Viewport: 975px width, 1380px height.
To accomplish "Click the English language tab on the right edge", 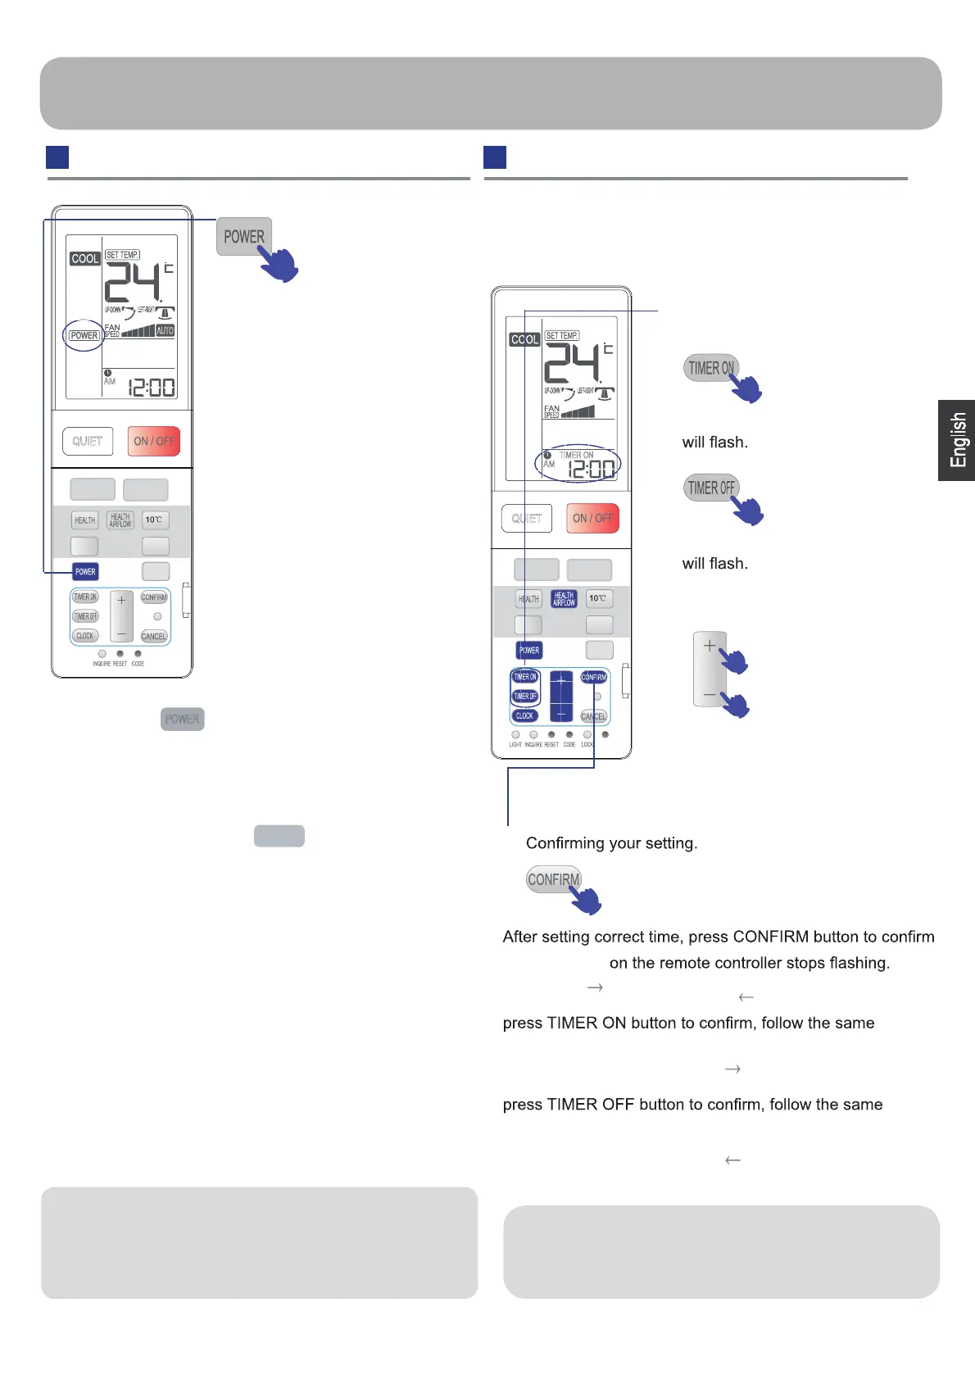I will pyautogui.click(x=957, y=440).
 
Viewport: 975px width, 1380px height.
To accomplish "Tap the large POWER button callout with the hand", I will pyautogui.click(x=244, y=237).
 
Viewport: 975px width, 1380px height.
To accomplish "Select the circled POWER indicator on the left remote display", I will pyautogui.click(x=84, y=335).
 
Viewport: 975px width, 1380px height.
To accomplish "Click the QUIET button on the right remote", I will pyautogui.click(x=527, y=518).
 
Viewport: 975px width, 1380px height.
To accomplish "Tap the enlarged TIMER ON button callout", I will pyautogui.click(x=710, y=368).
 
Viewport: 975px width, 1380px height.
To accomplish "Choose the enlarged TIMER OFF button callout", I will pyautogui.click(x=710, y=488).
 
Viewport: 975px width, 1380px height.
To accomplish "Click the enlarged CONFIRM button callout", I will pyautogui.click(x=554, y=879).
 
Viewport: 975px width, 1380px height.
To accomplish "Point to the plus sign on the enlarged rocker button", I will pyautogui.click(x=710, y=646).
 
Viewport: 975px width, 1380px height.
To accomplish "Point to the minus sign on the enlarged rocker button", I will pyautogui.click(x=710, y=694).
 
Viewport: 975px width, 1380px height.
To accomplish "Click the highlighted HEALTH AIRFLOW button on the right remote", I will pyautogui.click(x=564, y=599).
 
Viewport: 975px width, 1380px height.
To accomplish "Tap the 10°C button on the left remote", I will pyautogui.click(x=154, y=520).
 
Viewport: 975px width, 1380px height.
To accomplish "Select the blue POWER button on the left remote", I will pyautogui.click(x=85, y=571).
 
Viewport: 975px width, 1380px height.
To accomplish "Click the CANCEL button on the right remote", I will pyautogui.click(x=593, y=716).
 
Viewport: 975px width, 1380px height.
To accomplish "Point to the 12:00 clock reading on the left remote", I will pyautogui.click(x=152, y=387).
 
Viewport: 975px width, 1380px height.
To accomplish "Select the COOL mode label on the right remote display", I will pyautogui.click(x=524, y=339).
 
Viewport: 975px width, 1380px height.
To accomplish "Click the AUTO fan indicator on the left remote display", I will pyautogui.click(x=165, y=330).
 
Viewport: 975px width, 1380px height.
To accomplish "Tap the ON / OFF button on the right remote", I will pyautogui.click(x=592, y=518).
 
